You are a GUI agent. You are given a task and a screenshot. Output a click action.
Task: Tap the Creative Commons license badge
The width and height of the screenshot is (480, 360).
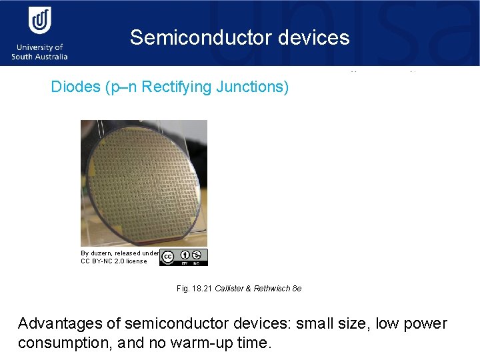[x=184, y=257]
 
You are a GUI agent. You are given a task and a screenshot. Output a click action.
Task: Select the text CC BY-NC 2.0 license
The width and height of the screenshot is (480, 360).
[x=113, y=261]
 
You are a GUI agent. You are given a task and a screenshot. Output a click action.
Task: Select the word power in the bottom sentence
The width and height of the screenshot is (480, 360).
[x=425, y=324]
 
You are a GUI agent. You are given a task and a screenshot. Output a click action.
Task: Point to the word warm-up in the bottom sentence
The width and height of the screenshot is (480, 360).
[x=203, y=343]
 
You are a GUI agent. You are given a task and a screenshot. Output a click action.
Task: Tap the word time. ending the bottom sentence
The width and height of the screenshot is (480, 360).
[x=253, y=343]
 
